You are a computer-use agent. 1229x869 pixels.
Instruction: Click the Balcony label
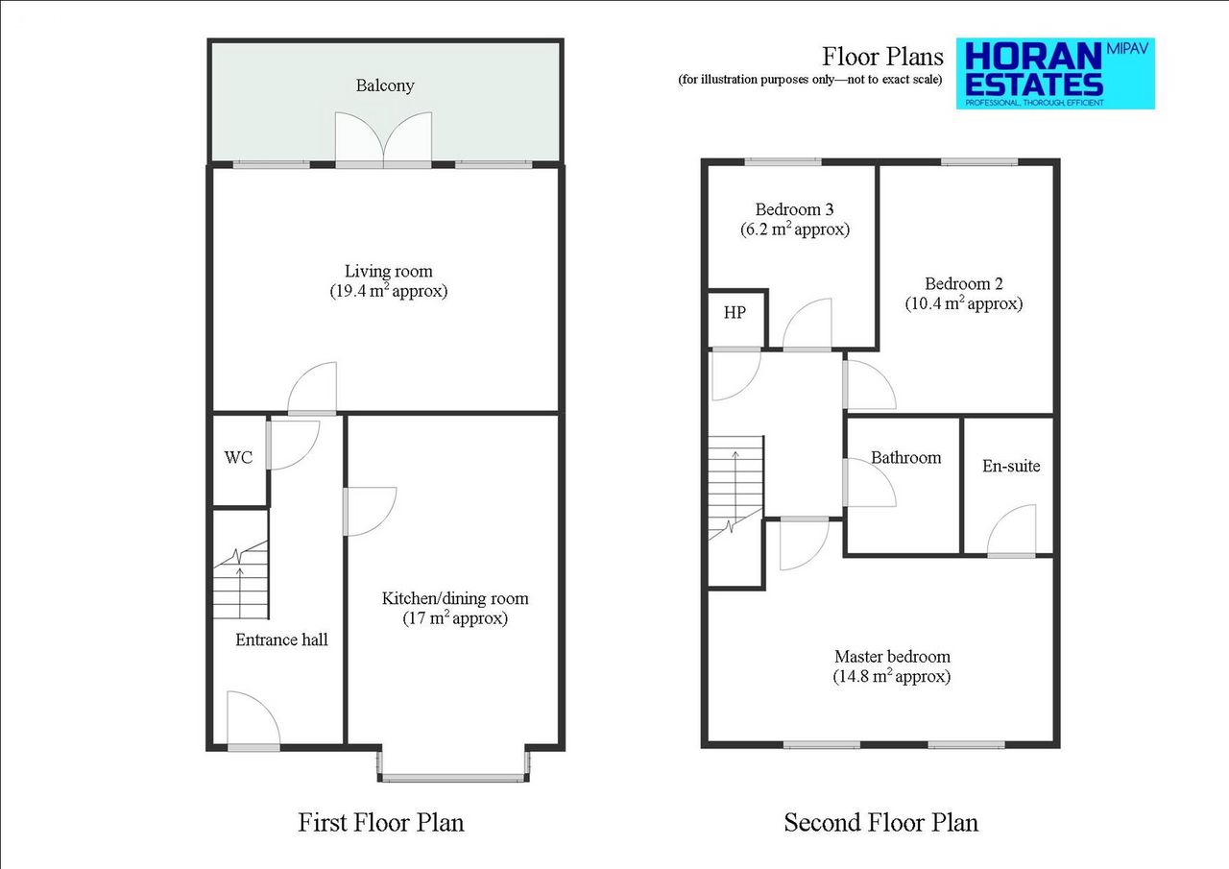coord(385,85)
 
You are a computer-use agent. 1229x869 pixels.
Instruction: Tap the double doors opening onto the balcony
coord(384,140)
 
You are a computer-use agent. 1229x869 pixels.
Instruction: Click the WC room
coord(239,458)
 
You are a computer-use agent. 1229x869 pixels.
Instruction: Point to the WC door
coord(291,445)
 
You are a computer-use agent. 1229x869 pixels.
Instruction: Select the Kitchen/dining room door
coord(371,512)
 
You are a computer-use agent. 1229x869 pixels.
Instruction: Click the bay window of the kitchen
coord(453,776)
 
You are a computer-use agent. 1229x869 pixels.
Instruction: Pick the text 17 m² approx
coord(455,619)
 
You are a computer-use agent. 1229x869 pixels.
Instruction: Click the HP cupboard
coord(735,314)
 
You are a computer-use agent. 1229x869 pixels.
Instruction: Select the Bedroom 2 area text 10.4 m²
coord(963,304)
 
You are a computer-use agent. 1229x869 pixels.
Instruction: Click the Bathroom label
coord(905,458)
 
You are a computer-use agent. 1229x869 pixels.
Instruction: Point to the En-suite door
coord(1011,533)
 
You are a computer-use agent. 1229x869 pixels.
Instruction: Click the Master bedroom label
coord(892,658)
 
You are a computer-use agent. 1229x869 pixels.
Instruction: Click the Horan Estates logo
coord(1055,74)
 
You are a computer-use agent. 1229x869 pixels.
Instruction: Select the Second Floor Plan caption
coord(880,823)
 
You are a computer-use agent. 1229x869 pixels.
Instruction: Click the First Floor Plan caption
coord(381,823)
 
